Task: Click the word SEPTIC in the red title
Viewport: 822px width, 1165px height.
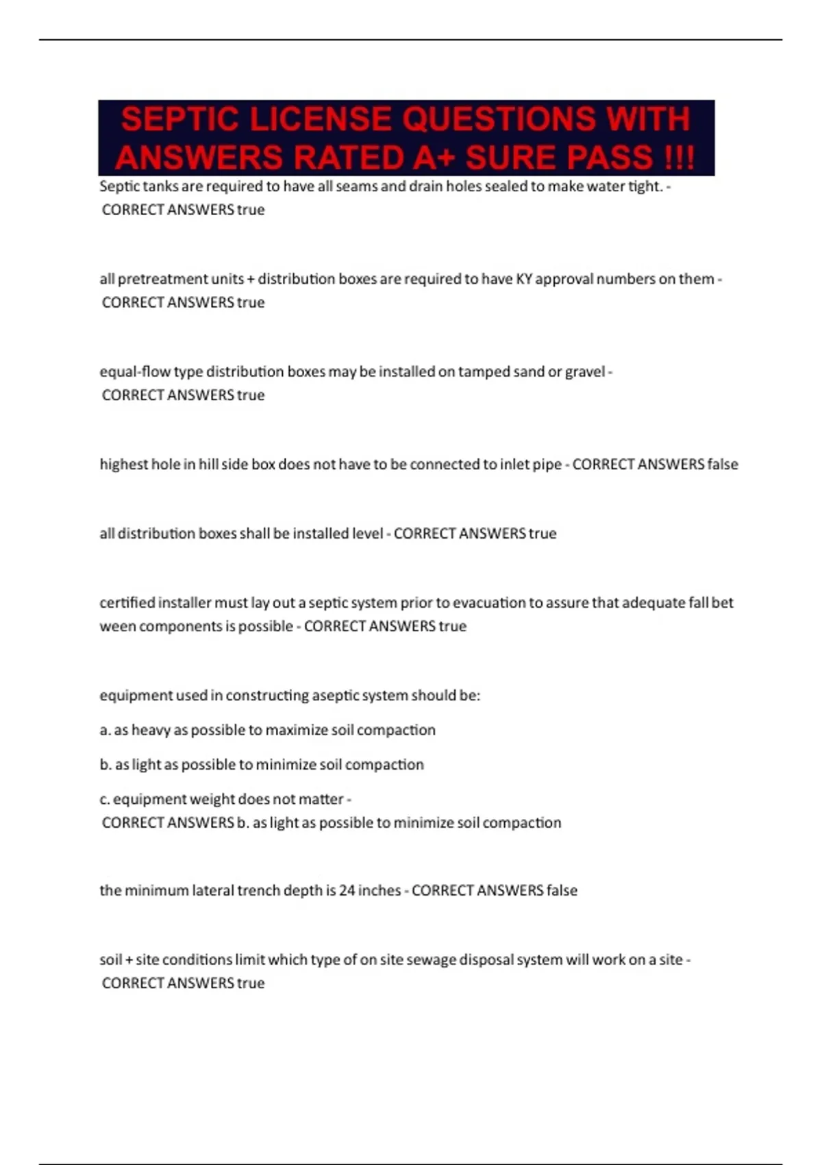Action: click(180, 119)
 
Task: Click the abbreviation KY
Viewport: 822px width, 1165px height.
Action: click(524, 279)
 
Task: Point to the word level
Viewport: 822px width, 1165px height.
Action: click(367, 534)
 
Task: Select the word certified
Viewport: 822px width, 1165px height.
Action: click(127, 603)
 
